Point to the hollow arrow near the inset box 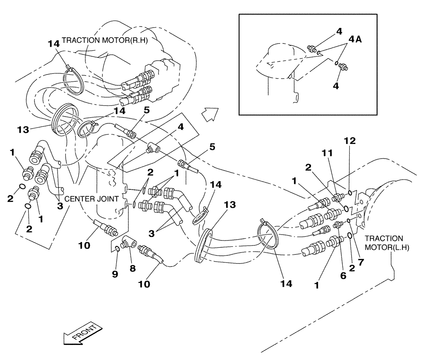(210, 115)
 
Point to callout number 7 (360, 261)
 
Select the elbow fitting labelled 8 (129, 244)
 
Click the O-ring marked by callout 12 (350, 193)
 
